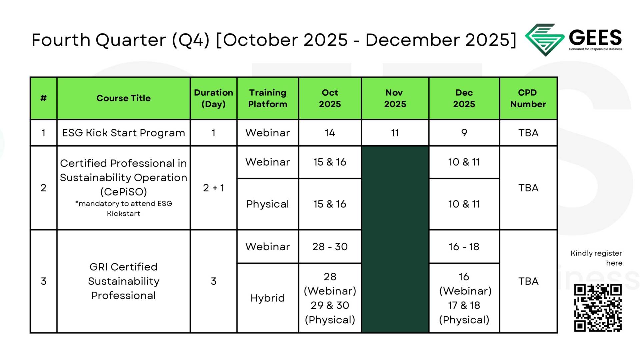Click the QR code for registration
tap(598, 308)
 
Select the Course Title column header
tap(123, 98)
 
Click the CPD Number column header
tap(528, 98)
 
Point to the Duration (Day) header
tap(213, 98)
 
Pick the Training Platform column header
tap(268, 98)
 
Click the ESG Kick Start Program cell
tap(123, 133)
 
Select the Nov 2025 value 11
tap(395, 133)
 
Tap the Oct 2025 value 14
tap(330, 133)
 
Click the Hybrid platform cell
tap(268, 298)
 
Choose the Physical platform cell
tap(268, 204)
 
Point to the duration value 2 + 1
tap(213, 188)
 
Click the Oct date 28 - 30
tap(330, 247)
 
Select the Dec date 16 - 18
tap(464, 247)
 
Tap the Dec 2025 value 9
tap(464, 133)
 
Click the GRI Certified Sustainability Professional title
tap(123, 281)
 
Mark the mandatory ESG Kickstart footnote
tap(123, 208)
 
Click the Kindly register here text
tap(596, 258)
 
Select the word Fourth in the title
tap(61, 40)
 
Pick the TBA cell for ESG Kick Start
tap(528, 133)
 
